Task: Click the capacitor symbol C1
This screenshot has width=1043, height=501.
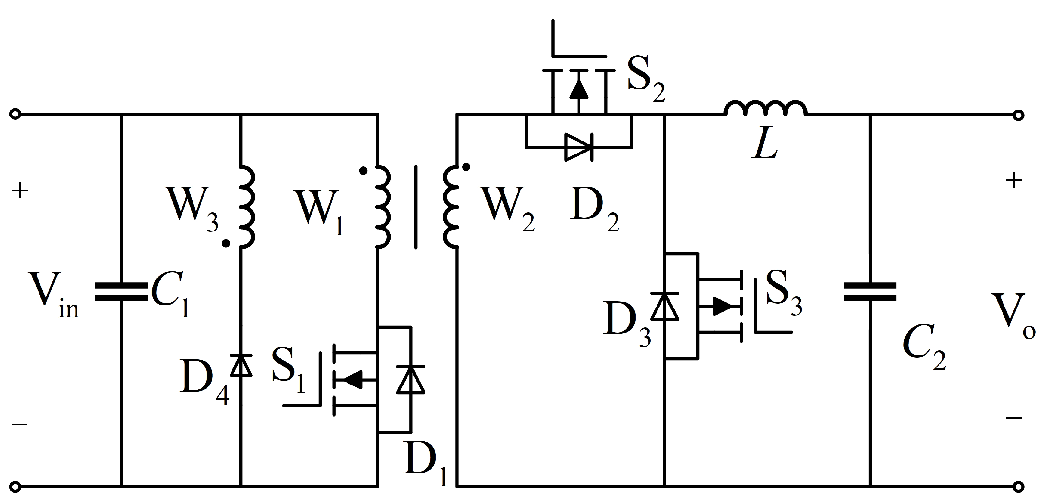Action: click(x=121, y=292)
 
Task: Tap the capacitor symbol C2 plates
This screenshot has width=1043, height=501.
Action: click(x=870, y=292)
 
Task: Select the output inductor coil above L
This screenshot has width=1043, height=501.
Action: click(x=765, y=108)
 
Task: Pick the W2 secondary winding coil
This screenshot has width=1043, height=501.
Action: click(x=450, y=206)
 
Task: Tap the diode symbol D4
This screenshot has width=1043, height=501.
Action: click(x=241, y=366)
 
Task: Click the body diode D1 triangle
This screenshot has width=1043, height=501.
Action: click(x=411, y=380)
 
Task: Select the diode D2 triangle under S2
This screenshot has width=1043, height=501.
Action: click(x=579, y=147)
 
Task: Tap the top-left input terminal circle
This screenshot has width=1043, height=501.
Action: click(x=15, y=115)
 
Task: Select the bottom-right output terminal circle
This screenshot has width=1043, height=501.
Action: click(x=1017, y=487)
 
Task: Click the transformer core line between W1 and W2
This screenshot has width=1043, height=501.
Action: click(x=415, y=207)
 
